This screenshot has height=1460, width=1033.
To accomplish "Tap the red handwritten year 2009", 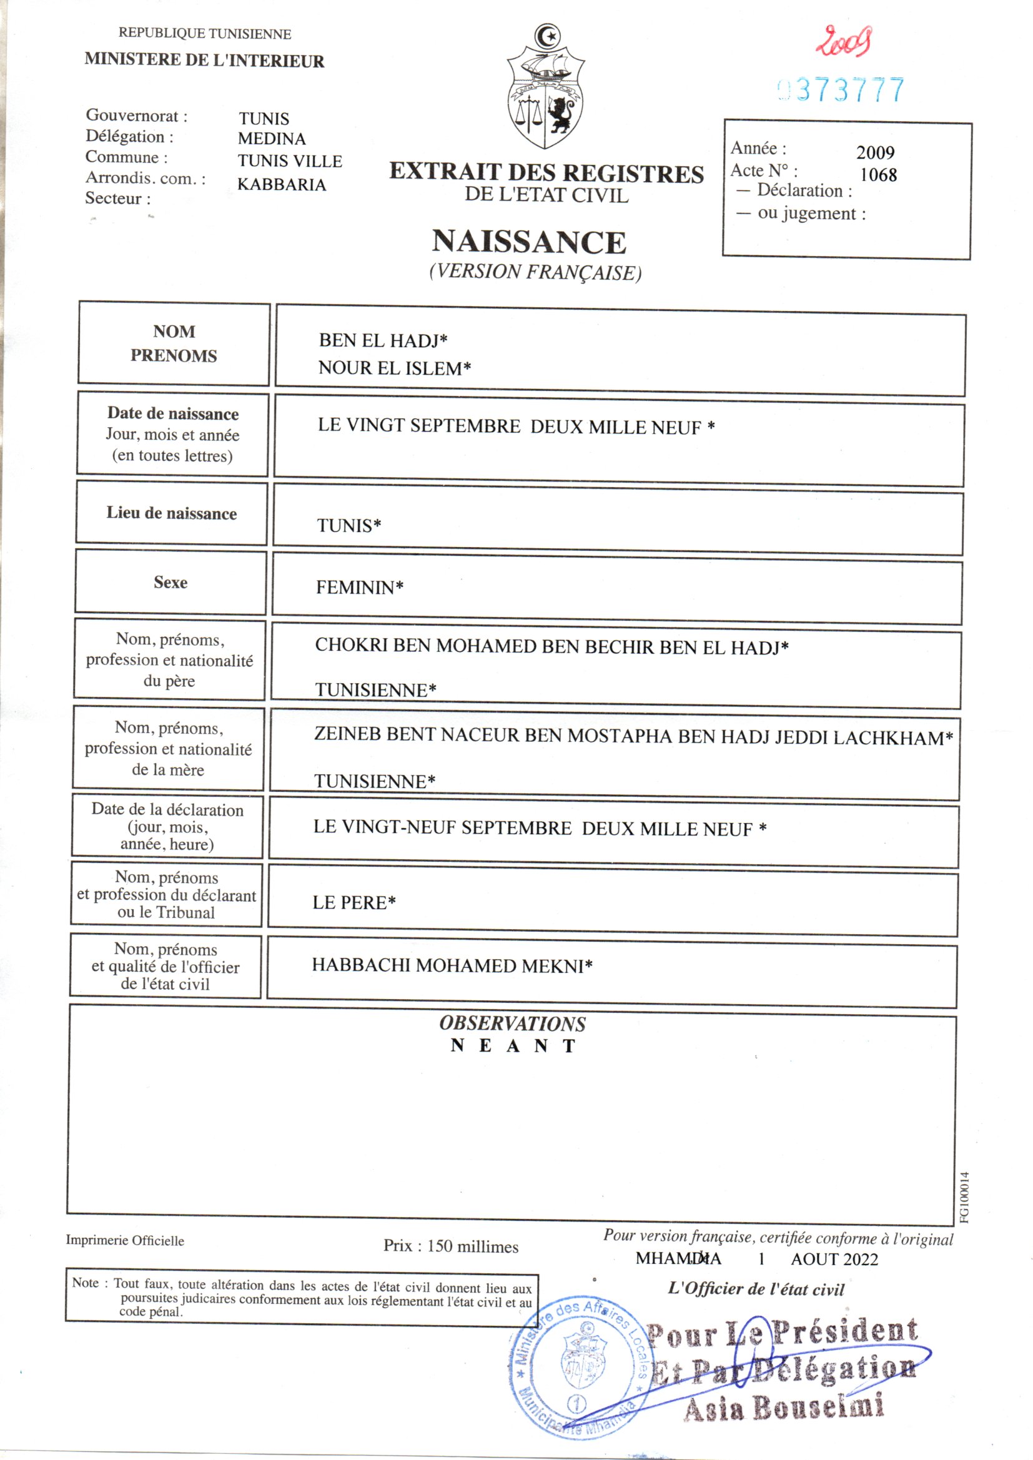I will click(x=844, y=41).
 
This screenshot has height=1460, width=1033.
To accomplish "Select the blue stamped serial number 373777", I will click(x=841, y=90).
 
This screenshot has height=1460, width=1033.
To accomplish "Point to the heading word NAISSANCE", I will click(x=529, y=242).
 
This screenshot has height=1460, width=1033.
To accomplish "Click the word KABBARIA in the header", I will click(x=282, y=184).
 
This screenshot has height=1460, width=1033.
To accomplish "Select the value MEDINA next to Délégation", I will click(x=272, y=139).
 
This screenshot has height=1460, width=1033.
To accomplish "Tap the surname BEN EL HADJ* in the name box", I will click(x=383, y=341).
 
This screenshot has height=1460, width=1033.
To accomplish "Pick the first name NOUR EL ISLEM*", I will click(x=394, y=368).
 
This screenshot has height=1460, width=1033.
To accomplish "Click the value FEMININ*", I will click(x=359, y=587).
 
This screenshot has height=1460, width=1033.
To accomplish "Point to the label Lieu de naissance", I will click(x=171, y=513).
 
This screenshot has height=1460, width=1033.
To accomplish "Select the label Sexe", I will click(x=171, y=583).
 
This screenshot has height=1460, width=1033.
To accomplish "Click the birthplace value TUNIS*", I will click(x=348, y=525).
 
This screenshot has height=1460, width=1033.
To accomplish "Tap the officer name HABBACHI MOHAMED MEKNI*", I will click(x=452, y=965).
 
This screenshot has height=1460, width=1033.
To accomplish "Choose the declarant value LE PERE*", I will click(x=353, y=902).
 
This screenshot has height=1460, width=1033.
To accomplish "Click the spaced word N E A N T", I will click(x=513, y=1046).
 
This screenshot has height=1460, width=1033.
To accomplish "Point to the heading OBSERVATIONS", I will click(x=512, y=1023).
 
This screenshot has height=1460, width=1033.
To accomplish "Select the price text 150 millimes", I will click(x=472, y=1246).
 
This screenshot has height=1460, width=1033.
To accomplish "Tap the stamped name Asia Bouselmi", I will click(x=784, y=1408).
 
